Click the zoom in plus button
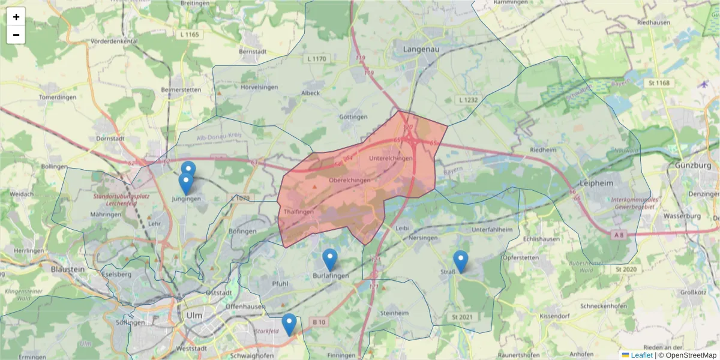point(16,17)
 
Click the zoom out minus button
point(16,35)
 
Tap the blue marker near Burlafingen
point(330,260)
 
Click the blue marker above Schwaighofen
point(289,325)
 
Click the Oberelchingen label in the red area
point(350,180)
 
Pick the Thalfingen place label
point(299,212)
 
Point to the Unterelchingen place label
point(391,158)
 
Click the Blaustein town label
point(68,269)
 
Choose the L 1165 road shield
point(189,35)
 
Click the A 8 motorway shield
point(619,236)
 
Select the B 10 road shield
point(319,322)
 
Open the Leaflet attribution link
point(641,355)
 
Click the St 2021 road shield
point(460,316)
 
